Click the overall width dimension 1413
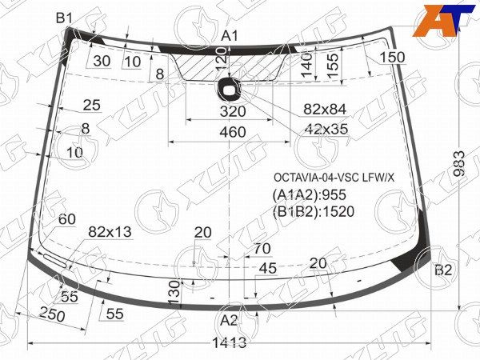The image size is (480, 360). (x=230, y=343)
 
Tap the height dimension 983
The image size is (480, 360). (x=459, y=163)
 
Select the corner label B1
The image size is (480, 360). (x=64, y=18)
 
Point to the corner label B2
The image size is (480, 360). (x=443, y=270)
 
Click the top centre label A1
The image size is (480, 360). (x=230, y=36)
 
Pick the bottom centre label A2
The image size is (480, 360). (x=229, y=321)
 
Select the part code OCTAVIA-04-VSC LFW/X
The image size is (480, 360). (x=334, y=178)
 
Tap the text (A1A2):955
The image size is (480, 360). (x=310, y=194)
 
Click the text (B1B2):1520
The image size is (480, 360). (x=313, y=211)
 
